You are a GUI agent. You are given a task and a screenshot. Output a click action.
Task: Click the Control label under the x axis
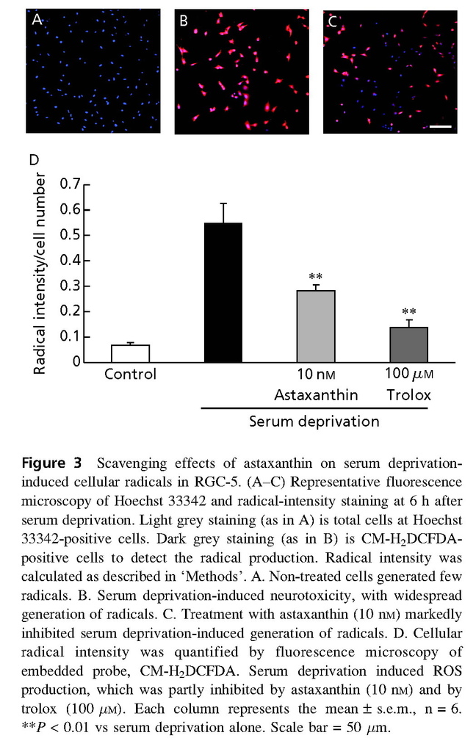tap(130, 375)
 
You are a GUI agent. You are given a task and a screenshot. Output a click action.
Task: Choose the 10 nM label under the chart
tap(317, 375)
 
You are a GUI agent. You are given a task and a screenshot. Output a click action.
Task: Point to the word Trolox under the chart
tap(408, 395)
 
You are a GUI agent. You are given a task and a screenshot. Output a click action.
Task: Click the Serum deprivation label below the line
tap(314, 422)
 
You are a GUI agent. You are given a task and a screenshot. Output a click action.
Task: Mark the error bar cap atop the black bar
tap(223, 203)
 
